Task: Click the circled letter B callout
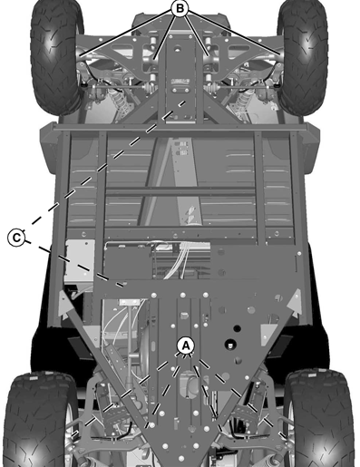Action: pos(180,7)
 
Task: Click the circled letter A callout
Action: pos(185,345)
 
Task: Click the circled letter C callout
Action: pos(16,238)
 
